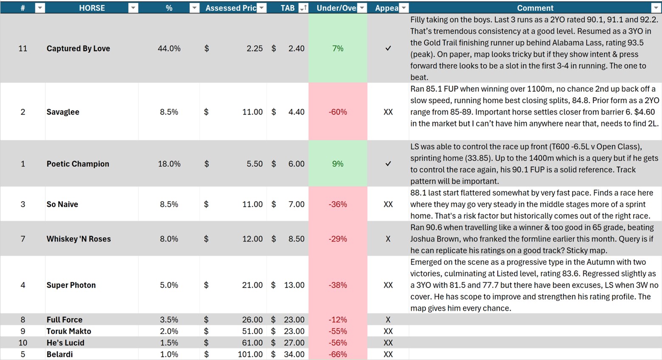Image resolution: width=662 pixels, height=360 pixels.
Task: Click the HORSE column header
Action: [x=92, y=8]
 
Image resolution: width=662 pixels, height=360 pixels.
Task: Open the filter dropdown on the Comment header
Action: [x=655, y=8]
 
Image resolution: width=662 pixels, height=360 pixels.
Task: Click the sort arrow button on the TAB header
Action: [x=303, y=8]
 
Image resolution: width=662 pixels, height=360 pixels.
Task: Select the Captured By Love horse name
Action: [x=78, y=48]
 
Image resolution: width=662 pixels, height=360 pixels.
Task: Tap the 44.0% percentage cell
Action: [x=169, y=48]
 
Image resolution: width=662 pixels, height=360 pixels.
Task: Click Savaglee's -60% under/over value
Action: [x=337, y=112]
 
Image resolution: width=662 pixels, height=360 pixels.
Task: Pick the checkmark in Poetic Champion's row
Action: [x=388, y=164]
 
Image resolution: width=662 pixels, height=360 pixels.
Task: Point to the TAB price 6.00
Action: [x=296, y=164]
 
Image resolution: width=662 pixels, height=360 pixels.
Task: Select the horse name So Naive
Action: [x=62, y=204]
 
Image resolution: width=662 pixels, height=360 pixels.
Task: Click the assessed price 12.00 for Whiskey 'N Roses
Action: [x=252, y=239]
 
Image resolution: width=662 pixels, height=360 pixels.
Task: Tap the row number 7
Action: [x=23, y=239]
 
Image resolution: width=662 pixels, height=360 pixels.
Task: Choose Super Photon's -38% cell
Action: [x=337, y=285]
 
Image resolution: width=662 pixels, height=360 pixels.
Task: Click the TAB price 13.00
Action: [x=294, y=285]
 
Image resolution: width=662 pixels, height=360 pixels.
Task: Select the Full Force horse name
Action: [x=65, y=320]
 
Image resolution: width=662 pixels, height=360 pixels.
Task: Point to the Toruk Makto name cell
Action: [x=69, y=331]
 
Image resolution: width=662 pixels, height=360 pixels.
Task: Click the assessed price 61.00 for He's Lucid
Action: [x=252, y=343]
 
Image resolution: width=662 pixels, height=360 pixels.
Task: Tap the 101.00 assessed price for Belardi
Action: [x=250, y=354]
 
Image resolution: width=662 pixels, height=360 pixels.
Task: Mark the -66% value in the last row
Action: [x=337, y=354]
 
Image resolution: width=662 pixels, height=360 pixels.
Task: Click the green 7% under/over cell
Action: [x=337, y=48]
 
